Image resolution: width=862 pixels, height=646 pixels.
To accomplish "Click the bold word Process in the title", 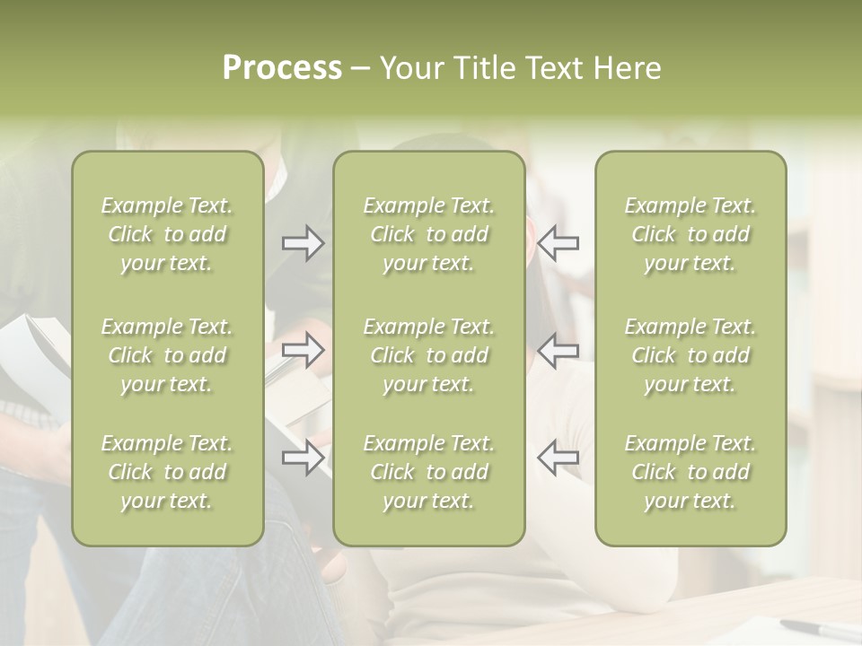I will pos(282,68).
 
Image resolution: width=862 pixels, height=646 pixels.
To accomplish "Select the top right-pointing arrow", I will pos(303,243).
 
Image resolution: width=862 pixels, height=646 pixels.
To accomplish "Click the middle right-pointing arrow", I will pos(303,350).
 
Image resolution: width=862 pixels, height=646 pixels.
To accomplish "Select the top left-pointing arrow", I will pos(559,243).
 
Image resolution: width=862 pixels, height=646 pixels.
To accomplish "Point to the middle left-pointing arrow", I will pos(559,350).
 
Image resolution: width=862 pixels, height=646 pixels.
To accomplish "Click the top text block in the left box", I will pos(167,234).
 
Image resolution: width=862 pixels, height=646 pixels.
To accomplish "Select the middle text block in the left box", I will pos(167,355).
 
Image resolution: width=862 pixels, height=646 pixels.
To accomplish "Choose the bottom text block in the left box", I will pos(167,472).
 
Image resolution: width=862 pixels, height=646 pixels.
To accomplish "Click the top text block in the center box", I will pos(429,234).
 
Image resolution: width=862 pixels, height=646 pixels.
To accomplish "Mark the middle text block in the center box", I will pos(429,355).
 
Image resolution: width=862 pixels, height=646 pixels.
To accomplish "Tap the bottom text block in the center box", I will pos(429,472).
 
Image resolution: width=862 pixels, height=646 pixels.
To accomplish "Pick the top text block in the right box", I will pos(690,234).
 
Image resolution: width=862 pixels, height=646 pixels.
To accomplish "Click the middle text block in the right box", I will pos(690,355).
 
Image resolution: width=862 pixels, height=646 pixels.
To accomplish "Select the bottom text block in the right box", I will pos(690,472).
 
